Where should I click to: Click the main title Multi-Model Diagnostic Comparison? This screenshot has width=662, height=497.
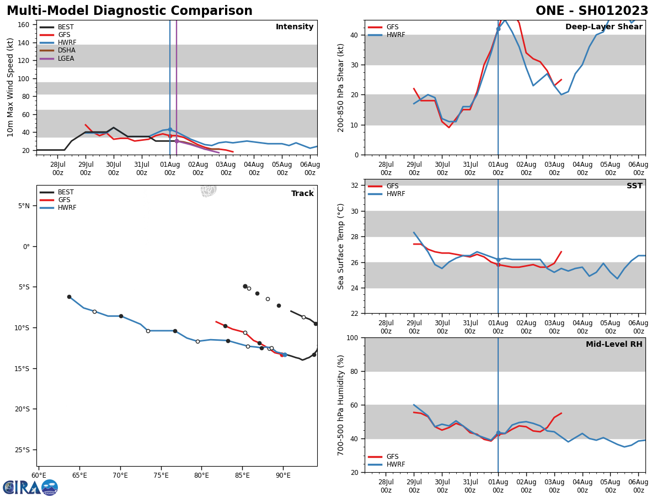pos(130,11)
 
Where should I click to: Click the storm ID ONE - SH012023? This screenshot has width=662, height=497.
pos(592,11)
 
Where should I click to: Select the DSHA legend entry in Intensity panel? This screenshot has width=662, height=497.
pos(66,50)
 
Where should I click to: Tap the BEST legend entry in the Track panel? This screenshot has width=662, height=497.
pos(66,192)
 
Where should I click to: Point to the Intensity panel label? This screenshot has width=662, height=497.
pos(295,27)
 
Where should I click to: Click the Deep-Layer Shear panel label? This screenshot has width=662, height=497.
pos(604,27)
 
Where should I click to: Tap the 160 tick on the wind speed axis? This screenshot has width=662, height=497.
pos(24,25)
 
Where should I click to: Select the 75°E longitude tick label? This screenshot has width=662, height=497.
pos(161,475)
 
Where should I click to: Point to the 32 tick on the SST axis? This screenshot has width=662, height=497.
pos(355,186)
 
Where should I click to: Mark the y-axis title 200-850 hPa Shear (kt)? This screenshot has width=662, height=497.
pos(341,87)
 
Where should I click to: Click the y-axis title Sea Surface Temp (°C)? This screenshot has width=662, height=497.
pos(341,246)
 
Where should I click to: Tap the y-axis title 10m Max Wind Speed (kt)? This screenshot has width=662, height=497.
pos(11,87)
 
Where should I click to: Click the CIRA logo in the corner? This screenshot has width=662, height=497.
pos(30,488)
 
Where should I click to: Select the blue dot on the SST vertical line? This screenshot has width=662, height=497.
pos(498,260)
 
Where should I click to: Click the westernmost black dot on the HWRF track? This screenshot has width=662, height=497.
pos(69,297)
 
